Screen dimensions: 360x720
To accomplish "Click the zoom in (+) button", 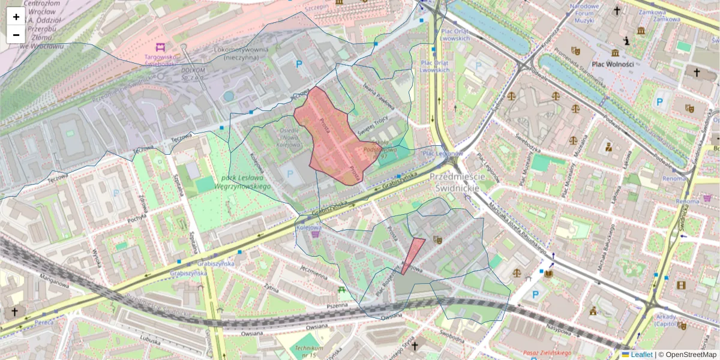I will (16, 17).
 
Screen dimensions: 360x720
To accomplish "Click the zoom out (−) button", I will (16, 35).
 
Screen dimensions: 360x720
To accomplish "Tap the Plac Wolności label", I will (613, 64).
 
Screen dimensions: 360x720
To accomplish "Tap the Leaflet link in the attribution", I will (641, 355).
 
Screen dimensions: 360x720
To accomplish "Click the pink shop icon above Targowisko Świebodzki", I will (160, 47).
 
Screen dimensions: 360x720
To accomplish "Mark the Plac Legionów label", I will (443, 154).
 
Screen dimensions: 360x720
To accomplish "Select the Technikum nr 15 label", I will (310, 352).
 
